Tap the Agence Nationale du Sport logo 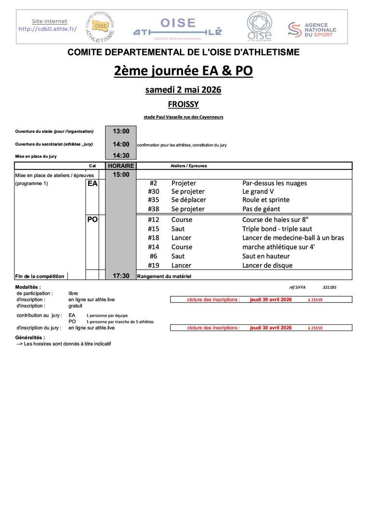(312, 29)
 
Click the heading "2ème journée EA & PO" (184, 71)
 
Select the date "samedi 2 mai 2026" (184, 90)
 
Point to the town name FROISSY (184, 104)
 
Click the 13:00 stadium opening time (121, 131)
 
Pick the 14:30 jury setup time (121, 156)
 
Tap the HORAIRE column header (121, 165)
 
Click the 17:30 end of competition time (121, 276)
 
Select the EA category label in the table (92, 183)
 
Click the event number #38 (154, 209)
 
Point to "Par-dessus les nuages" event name (275, 183)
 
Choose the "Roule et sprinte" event (266, 200)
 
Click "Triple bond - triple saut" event (277, 229)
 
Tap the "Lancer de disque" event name (267, 265)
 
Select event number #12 (154, 219)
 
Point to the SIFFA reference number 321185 (329, 287)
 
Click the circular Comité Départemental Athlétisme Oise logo (100, 26)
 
